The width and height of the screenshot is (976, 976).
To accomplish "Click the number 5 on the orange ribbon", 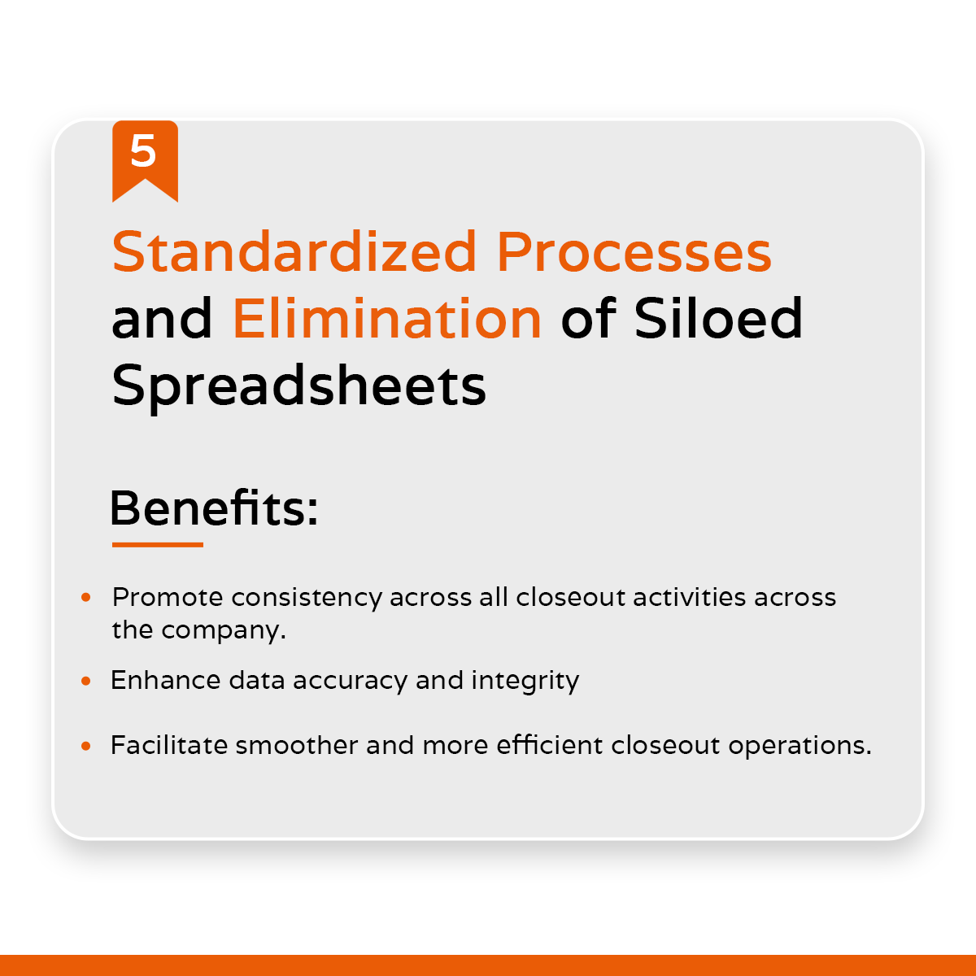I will [143, 152].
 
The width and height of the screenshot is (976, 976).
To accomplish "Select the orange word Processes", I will [634, 252].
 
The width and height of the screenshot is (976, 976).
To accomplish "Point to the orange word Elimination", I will [387, 318].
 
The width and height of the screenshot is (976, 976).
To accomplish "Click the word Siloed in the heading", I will [718, 318].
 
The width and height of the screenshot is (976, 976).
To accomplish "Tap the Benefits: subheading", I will [213, 508].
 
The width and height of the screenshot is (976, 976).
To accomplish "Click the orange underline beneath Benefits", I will [157, 545].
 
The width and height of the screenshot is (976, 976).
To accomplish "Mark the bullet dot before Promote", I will [86, 598].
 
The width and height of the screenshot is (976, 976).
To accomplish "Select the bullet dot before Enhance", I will [86, 681].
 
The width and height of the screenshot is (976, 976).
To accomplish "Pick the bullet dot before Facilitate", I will [86, 746].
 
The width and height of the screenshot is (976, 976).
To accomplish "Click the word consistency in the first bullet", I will [306, 598].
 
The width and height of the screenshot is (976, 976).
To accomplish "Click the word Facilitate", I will [168, 746].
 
